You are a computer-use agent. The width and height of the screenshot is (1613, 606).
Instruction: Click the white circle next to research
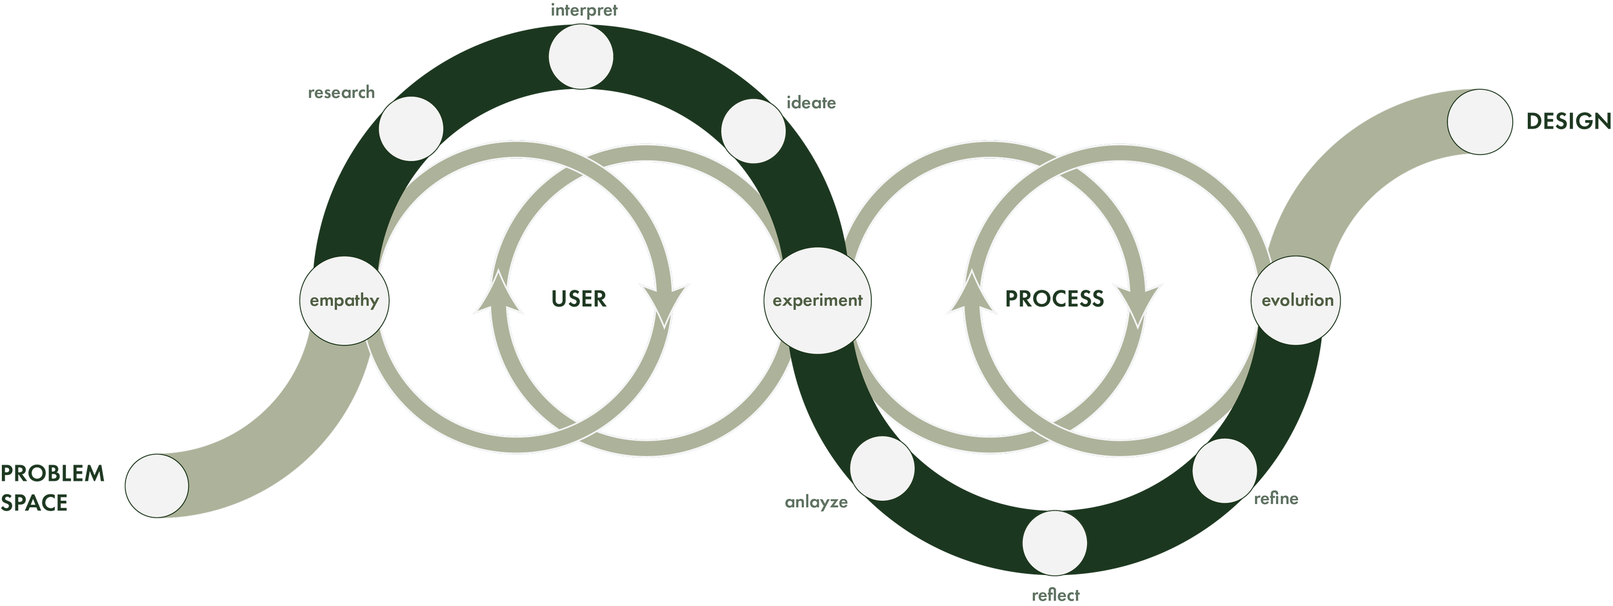pos(411,128)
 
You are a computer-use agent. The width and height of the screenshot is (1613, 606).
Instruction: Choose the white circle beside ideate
pos(753,131)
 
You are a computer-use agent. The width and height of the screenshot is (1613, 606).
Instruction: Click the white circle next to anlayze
pos(883,469)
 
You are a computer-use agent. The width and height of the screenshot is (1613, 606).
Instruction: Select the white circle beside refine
pos(1225,470)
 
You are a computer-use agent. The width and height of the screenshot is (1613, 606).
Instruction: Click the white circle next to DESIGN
pos(1480,122)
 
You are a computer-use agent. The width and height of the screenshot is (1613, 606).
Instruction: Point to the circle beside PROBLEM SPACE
pos(157,485)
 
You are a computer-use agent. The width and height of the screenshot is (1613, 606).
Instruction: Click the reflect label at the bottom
pos(1055,594)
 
